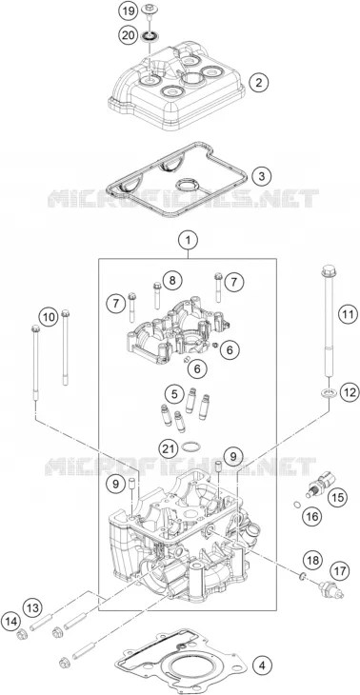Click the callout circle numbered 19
point(129,11)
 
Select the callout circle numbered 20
point(129,34)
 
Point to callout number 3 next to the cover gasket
point(262,176)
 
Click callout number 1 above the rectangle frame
point(188,241)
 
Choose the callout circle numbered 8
point(172,280)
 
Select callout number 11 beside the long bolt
point(348,315)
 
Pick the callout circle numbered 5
point(174,393)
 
